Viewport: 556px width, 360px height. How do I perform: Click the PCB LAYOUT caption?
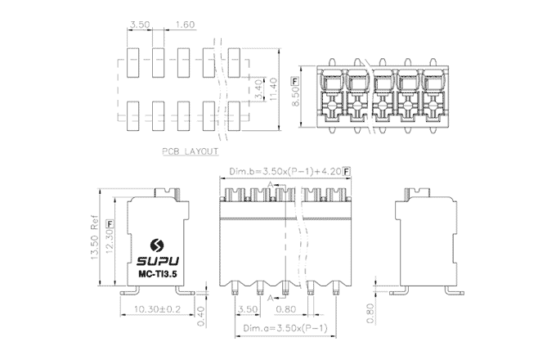point(190,152)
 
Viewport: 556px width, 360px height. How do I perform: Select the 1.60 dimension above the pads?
point(184,25)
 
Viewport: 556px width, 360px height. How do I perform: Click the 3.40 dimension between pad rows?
point(258,88)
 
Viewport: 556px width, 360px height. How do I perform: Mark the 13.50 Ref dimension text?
point(92,239)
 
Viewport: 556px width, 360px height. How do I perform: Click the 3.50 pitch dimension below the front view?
point(247,309)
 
